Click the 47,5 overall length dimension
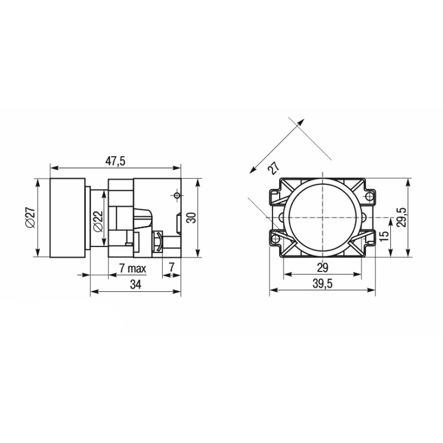tap(115, 161)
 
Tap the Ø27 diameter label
tap(30, 218)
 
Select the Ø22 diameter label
tap(98, 222)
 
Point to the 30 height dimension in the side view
tap(192, 218)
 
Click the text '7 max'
tap(132, 268)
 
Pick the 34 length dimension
tap(136, 285)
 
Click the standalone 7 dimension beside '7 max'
tap(172, 267)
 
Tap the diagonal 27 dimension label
tap(274, 168)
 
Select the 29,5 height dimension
tap(401, 217)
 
